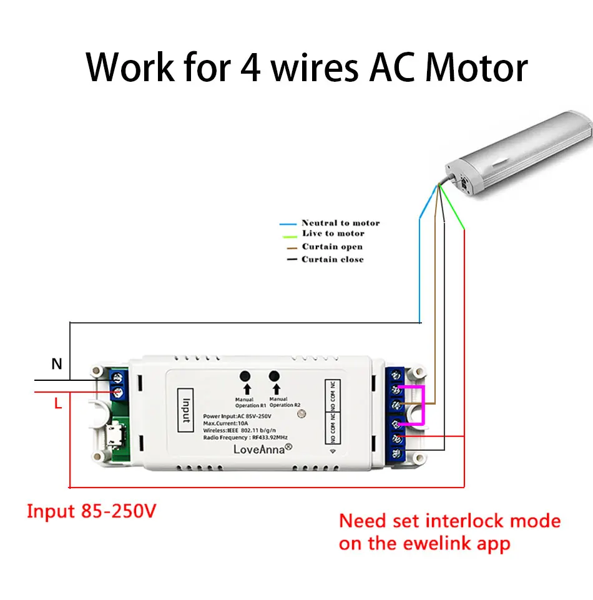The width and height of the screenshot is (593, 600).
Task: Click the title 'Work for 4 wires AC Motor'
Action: click(306, 67)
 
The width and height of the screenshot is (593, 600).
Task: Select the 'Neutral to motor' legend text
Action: click(340, 223)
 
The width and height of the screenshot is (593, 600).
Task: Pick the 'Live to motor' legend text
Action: click(333, 234)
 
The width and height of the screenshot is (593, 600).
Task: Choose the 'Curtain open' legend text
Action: click(332, 247)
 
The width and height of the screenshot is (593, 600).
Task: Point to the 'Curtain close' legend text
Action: click(332, 259)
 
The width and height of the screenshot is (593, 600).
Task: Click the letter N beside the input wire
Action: click(57, 363)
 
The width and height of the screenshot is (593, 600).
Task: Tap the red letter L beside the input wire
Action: click(57, 404)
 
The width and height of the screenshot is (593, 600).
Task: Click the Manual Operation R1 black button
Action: click(245, 376)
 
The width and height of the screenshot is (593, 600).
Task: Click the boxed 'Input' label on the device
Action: click(185, 408)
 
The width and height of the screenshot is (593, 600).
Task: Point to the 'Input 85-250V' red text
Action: click(91, 511)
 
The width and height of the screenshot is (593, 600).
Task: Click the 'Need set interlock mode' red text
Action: click(449, 521)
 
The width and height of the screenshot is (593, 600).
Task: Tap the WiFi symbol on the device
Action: click(331, 449)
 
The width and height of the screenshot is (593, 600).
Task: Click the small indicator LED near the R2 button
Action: click(301, 413)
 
